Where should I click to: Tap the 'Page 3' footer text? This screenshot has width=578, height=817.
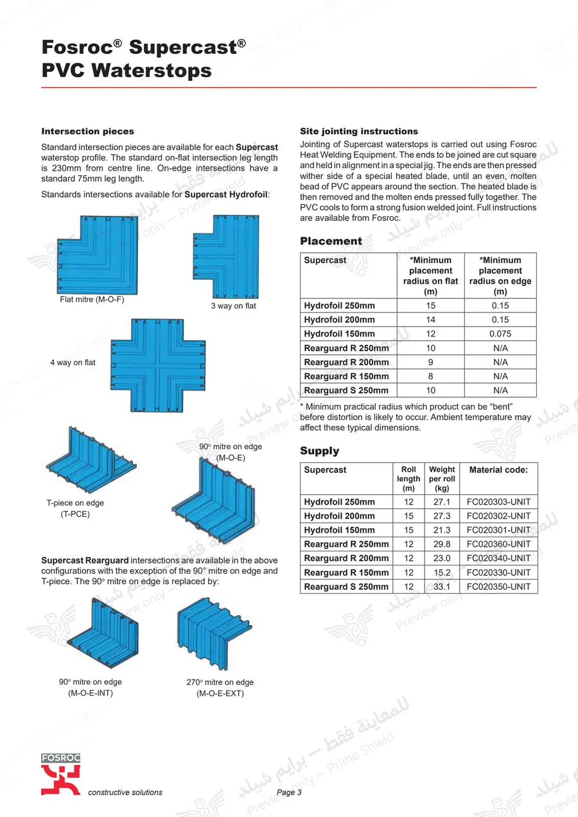[x=289, y=792]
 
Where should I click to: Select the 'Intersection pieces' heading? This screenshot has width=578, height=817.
[x=87, y=132]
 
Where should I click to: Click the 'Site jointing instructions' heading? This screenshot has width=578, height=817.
[x=359, y=132]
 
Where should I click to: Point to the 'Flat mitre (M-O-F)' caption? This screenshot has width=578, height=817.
[x=92, y=300]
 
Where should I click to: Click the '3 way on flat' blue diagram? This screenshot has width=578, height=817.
[x=226, y=257]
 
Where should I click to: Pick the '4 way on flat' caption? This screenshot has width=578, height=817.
[x=73, y=363]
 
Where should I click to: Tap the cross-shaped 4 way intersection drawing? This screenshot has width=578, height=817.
[x=157, y=365]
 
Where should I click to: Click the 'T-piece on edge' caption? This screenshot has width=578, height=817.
[x=75, y=503]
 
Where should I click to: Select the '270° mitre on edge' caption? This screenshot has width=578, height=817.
[x=220, y=682]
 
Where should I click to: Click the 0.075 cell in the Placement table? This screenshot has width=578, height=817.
[x=500, y=334]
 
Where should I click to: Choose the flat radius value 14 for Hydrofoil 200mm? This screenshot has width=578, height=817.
[x=430, y=320]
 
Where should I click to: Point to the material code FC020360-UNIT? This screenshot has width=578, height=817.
[x=498, y=544]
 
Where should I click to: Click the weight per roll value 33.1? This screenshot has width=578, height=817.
[x=442, y=587]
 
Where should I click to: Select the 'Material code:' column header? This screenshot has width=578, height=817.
[x=498, y=470]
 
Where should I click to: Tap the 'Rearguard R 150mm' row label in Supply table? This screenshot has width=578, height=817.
[x=346, y=572]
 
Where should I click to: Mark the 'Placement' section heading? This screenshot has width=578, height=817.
[x=331, y=241]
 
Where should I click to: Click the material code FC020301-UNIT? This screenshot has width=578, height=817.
[x=498, y=530]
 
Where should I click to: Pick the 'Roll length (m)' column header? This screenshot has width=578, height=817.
[x=408, y=479]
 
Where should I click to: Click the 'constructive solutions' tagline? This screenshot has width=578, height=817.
[x=125, y=792]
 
